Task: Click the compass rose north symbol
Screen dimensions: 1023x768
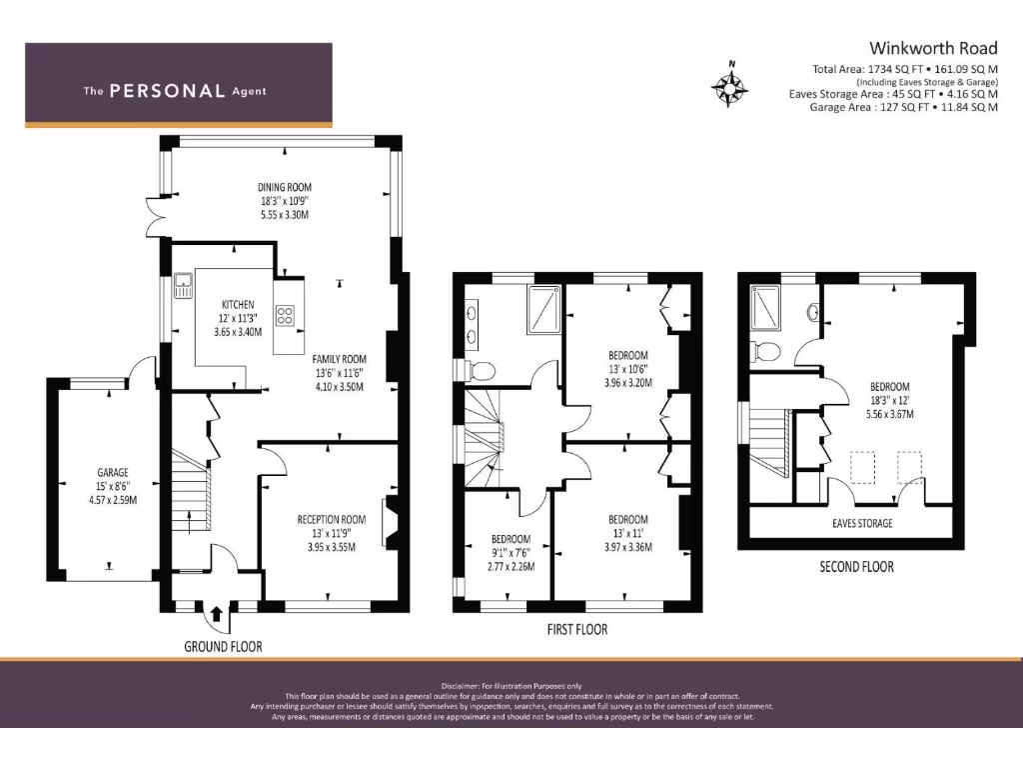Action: [x=729, y=85]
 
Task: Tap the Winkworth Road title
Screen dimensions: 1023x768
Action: [x=933, y=48]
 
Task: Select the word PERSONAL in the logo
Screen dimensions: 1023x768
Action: [x=167, y=91]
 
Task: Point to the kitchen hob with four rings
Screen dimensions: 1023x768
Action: [x=285, y=316]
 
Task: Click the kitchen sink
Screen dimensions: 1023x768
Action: [x=184, y=285]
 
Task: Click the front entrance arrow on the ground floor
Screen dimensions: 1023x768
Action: [x=217, y=614]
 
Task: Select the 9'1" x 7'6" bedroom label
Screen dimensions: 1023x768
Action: [x=511, y=552]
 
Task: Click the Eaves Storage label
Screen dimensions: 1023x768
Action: [x=862, y=523]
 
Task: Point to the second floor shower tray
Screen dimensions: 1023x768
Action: [x=765, y=308]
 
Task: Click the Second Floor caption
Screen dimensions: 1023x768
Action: [x=856, y=567]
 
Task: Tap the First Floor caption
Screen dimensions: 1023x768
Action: [x=577, y=630]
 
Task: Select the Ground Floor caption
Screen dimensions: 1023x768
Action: [x=223, y=647]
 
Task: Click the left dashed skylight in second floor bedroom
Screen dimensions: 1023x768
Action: [x=862, y=468]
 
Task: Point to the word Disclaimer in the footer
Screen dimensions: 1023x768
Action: [x=461, y=686]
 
